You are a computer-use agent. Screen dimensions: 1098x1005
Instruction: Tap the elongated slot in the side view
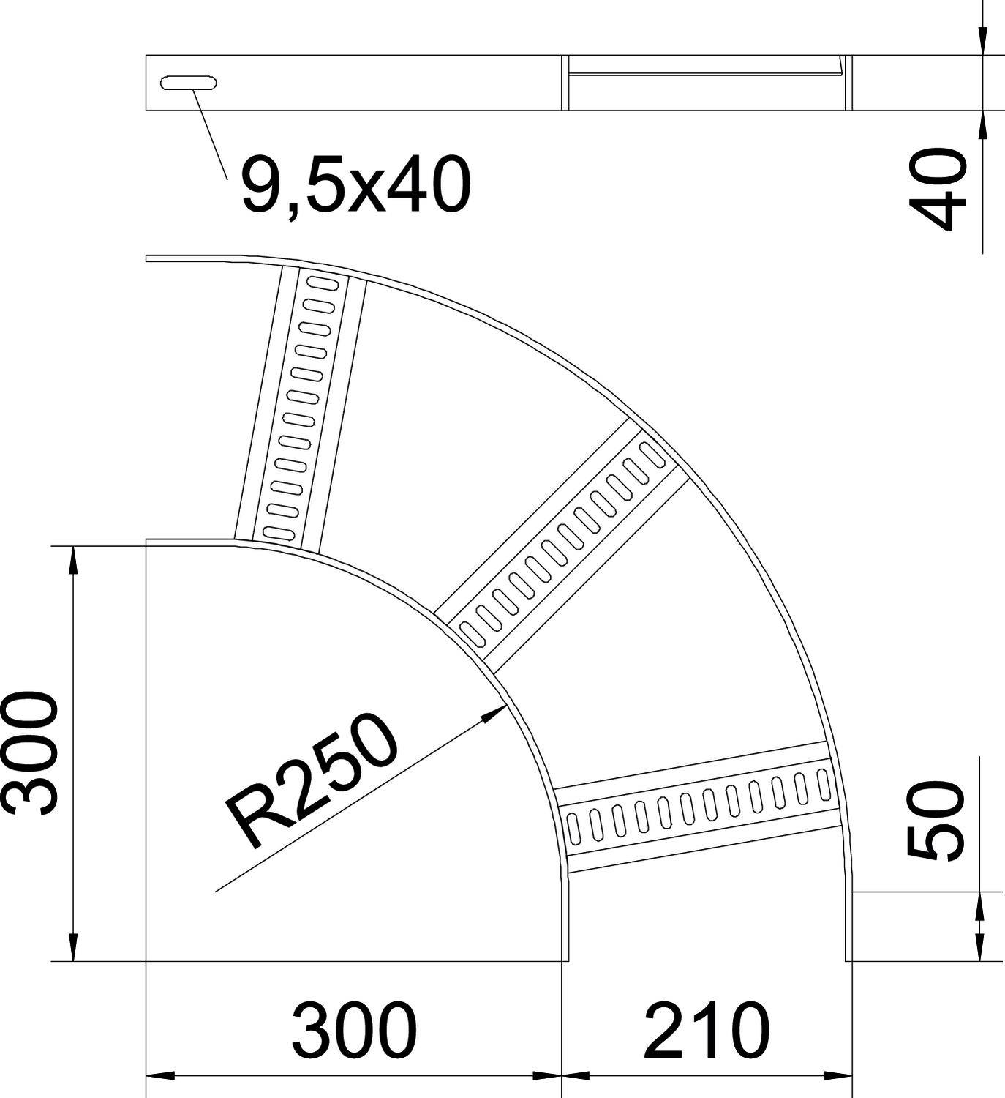point(189,83)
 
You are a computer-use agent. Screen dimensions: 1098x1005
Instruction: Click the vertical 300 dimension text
point(29,754)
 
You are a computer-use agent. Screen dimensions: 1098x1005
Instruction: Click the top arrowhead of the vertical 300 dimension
point(72,560)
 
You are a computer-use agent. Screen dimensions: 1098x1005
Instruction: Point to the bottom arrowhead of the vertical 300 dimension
point(72,947)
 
